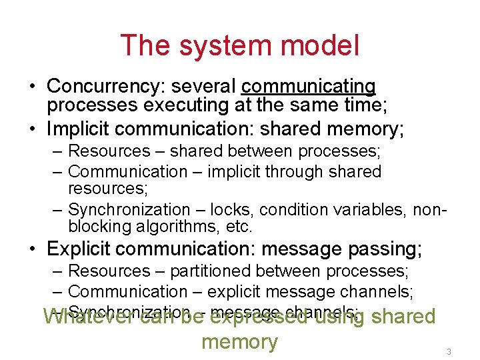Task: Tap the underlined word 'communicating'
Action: [x=309, y=87]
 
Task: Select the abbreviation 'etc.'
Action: [x=239, y=227]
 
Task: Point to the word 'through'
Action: [x=282, y=172]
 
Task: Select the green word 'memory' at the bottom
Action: [x=239, y=342]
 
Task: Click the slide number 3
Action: [x=449, y=351]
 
